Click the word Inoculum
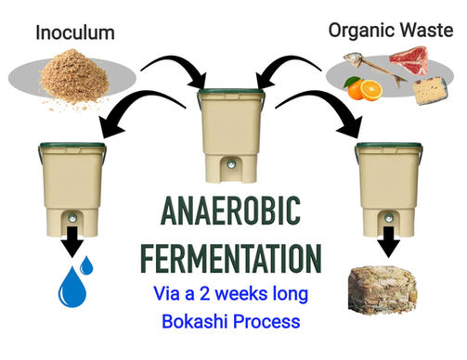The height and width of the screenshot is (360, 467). (x=75, y=32)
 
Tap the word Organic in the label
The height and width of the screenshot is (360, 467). (x=361, y=32)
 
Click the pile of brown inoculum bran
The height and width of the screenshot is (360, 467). (x=74, y=77)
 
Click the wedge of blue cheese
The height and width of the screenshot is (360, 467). (x=431, y=91)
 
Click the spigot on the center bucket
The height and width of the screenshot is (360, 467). (x=231, y=164)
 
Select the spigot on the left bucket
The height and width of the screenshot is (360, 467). (x=72, y=217)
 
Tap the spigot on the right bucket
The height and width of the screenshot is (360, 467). (x=389, y=217)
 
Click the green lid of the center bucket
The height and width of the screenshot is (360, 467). (x=231, y=91)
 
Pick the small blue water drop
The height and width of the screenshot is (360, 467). (x=86, y=265)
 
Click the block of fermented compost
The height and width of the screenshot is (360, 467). (x=383, y=291)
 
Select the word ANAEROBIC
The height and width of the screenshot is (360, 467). (x=231, y=211)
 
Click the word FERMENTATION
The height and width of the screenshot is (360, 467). (x=231, y=258)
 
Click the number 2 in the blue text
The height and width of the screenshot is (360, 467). (x=205, y=293)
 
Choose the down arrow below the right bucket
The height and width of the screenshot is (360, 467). (x=389, y=242)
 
